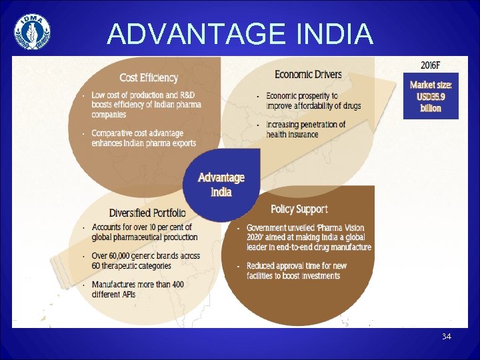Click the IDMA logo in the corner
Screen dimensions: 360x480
[32, 31]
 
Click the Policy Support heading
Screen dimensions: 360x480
[299, 209]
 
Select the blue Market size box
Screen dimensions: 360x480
[431, 97]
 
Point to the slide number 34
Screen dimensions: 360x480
[446, 337]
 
